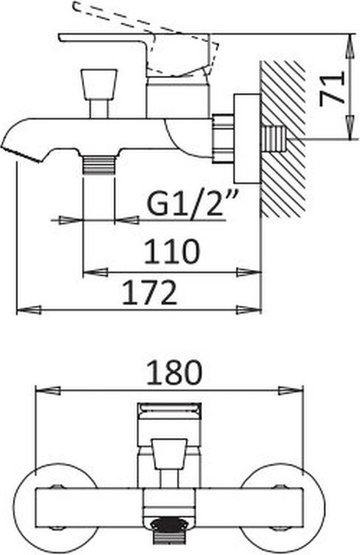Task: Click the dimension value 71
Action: [332, 88]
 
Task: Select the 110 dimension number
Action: [172, 251]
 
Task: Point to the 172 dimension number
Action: [149, 293]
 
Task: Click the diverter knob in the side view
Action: [99, 83]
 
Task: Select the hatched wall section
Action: [283, 139]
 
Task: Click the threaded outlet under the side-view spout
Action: [99, 164]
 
